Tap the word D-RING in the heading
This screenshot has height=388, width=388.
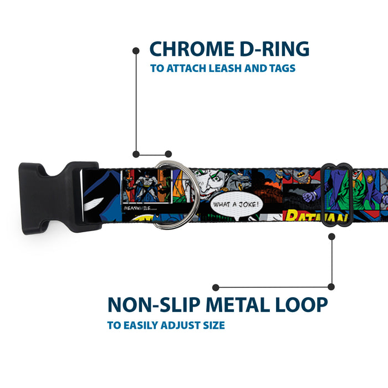click(x=273, y=49)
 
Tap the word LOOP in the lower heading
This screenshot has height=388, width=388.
click(x=302, y=304)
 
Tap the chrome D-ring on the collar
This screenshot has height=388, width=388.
click(x=166, y=195)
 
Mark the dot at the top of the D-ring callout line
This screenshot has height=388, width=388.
click(x=136, y=50)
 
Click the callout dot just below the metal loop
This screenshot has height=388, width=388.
click(x=331, y=236)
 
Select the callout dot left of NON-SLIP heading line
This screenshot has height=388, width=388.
click(x=216, y=287)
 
